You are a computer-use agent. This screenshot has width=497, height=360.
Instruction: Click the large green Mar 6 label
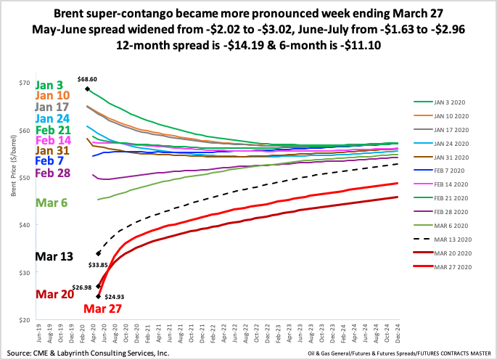point(52,202)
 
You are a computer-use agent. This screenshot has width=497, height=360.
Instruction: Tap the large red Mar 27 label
point(102,309)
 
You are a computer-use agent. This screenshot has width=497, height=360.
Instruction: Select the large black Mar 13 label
point(54,257)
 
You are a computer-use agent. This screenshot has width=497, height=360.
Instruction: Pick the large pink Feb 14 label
point(53,139)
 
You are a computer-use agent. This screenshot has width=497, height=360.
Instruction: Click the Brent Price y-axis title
point(13,202)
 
